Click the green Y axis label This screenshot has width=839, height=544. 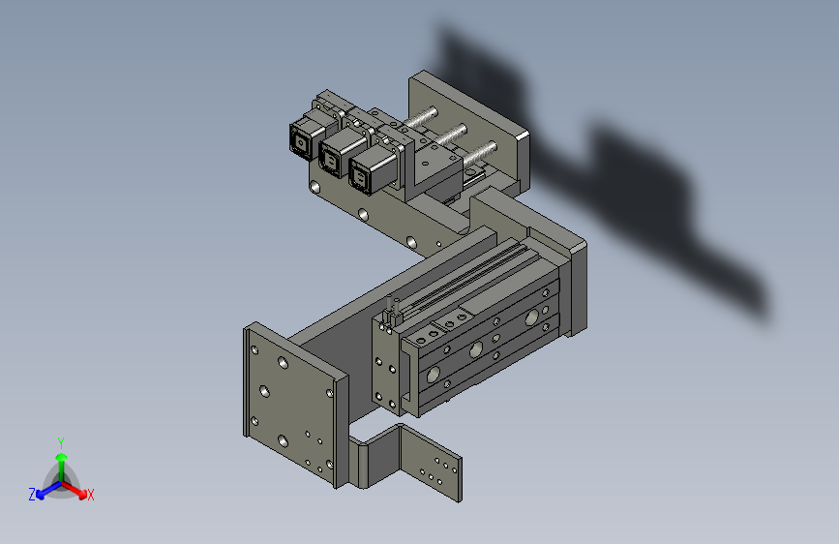tap(60, 443)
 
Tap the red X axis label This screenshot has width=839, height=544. tap(90, 495)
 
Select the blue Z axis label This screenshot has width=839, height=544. tap(32, 495)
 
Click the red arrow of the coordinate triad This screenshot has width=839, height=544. tap(75, 490)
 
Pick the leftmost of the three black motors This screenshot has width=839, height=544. tap(306, 136)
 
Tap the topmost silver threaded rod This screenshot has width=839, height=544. tap(421, 117)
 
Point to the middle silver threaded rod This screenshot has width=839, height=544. tap(449, 134)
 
